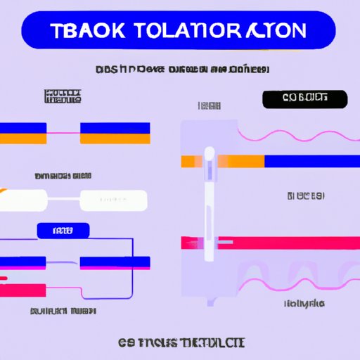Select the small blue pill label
(63, 230)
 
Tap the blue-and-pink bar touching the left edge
(23, 262)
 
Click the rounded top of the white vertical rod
(209, 152)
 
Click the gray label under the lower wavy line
(304, 304)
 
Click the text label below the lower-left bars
(63, 310)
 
